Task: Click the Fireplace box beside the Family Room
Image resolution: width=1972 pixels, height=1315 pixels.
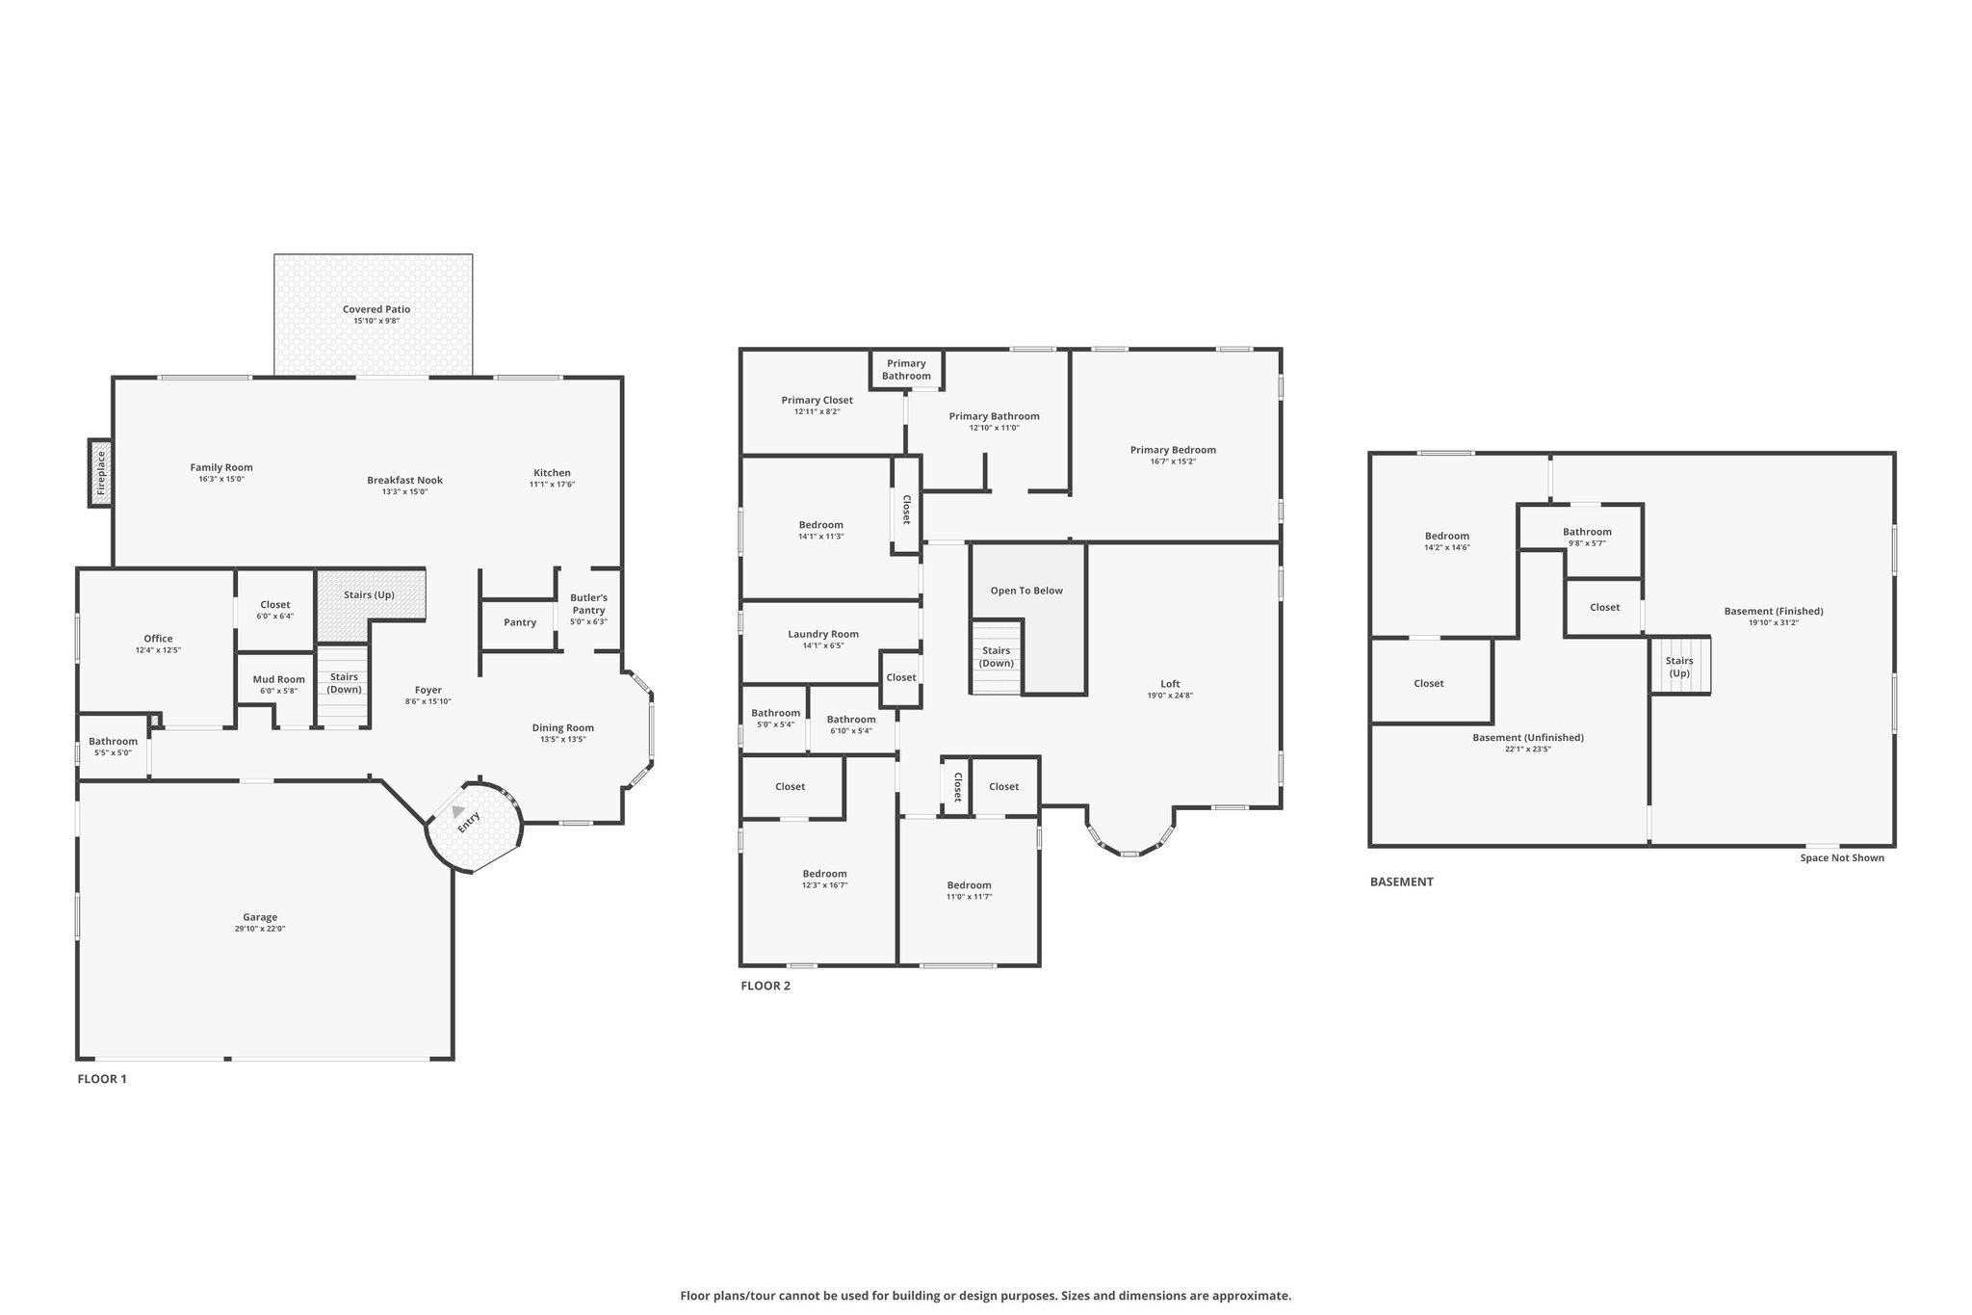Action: pyautogui.click(x=100, y=472)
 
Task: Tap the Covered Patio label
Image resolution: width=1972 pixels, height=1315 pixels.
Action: pyautogui.click(x=376, y=309)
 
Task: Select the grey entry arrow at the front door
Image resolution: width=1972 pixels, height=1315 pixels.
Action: pyautogui.click(x=458, y=812)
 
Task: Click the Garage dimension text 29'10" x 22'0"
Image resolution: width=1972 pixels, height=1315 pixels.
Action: pyautogui.click(x=260, y=929)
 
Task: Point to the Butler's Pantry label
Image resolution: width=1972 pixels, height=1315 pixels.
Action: pyautogui.click(x=588, y=604)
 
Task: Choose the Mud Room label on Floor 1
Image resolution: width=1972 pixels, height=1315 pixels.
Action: pyautogui.click(x=278, y=679)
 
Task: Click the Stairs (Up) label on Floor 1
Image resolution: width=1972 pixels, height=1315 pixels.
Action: pyautogui.click(x=370, y=594)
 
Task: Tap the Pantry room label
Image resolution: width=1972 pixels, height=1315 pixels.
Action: pyautogui.click(x=520, y=622)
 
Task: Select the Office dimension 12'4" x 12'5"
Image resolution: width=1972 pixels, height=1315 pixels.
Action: pyautogui.click(x=158, y=650)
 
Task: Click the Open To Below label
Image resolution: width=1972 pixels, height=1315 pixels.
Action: pyautogui.click(x=1026, y=591)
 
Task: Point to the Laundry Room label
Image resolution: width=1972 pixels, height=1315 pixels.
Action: pyautogui.click(x=823, y=634)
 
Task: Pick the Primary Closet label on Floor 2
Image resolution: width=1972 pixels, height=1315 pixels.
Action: pyautogui.click(x=817, y=400)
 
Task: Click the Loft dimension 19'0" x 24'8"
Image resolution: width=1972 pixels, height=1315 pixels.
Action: pyautogui.click(x=1170, y=696)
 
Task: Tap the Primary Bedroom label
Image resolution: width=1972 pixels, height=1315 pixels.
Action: pyautogui.click(x=1173, y=450)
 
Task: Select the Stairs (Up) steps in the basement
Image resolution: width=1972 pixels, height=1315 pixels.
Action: pyautogui.click(x=1680, y=666)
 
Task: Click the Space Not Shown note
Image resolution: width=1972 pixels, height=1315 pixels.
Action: pyautogui.click(x=1842, y=857)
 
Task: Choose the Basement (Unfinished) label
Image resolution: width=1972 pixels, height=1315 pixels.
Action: pyautogui.click(x=1528, y=737)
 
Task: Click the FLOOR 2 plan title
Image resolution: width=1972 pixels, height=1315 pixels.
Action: pyautogui.click(x=765, y=986)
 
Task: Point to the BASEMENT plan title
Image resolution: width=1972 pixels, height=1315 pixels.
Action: pyautogui.click(x=1402, y=881)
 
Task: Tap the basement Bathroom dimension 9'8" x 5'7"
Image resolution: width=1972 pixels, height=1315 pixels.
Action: pyautogui.click(x=1587, y=543)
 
